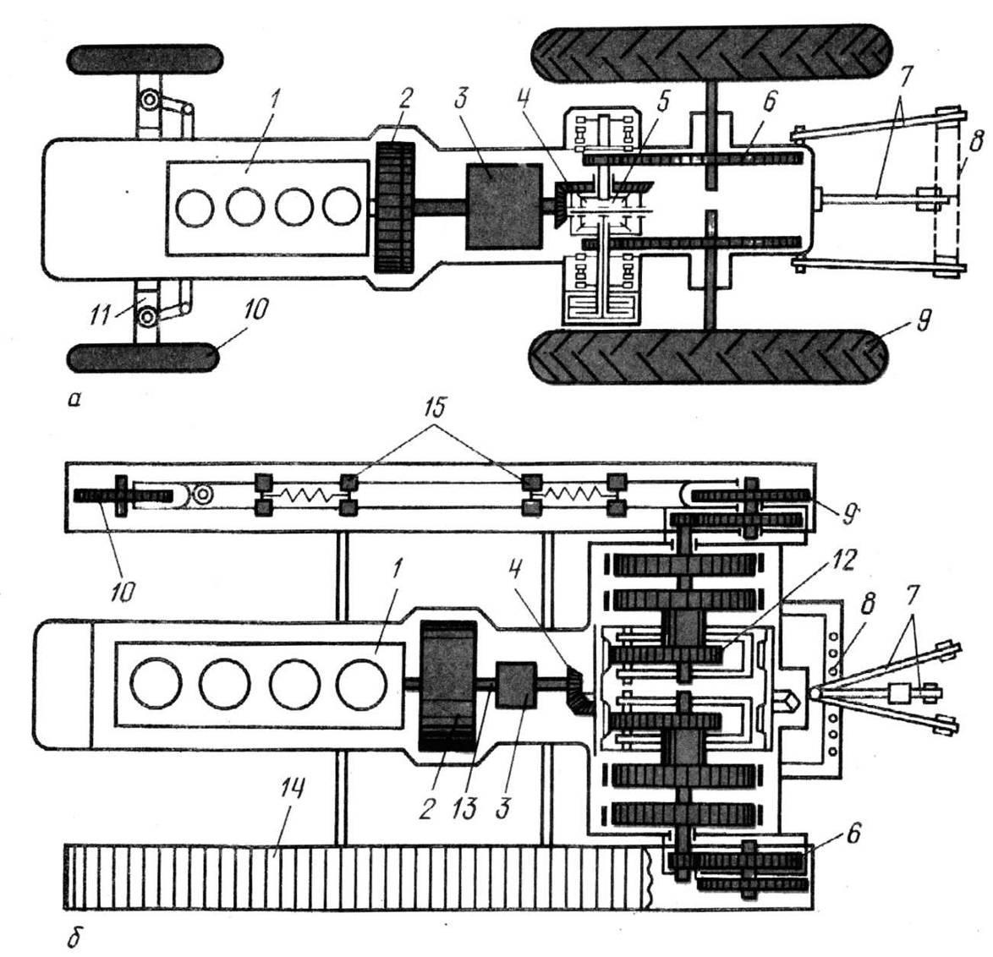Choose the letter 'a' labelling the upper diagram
[x=75, y=399]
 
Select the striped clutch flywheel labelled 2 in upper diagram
[x=394, y=207]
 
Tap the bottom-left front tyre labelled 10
[x=144, y=357]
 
